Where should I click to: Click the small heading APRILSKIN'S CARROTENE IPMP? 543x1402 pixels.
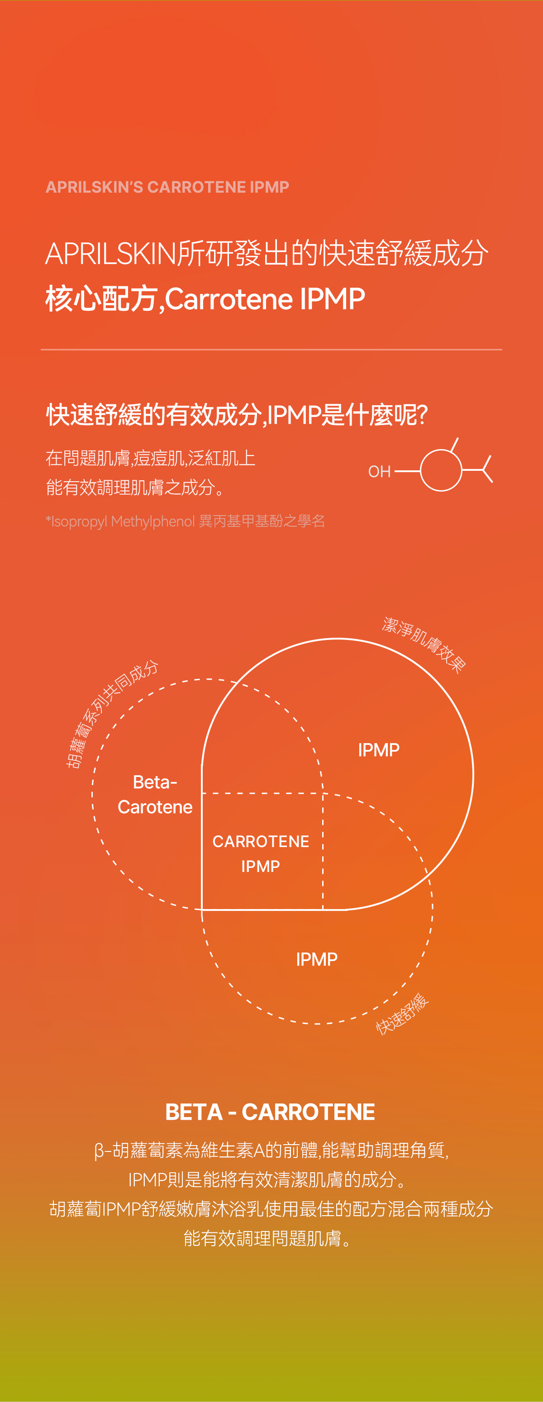point(167,187)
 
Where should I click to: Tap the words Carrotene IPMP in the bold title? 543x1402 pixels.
point(265,299)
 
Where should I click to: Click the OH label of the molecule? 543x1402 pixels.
point(379,471)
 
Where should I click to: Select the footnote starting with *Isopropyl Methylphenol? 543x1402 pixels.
point(185,521)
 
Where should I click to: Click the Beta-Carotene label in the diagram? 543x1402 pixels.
point(155,795)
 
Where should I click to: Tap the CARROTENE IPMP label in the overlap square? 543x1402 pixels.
point(261,853)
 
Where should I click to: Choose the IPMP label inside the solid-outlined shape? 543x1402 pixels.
point(379,750)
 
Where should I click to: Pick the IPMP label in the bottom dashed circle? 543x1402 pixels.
point(316,959)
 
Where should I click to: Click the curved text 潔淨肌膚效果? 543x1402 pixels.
point(424,645)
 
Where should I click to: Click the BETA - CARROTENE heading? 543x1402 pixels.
point(270,1112)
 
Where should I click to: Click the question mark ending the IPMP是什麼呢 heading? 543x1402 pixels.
point(421,415)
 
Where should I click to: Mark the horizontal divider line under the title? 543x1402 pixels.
point(271,350)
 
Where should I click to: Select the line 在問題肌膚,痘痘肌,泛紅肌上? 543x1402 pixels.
point(150,458)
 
